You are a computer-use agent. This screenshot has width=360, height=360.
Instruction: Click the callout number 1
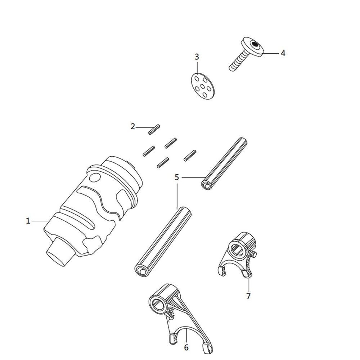click(x=28, y=221)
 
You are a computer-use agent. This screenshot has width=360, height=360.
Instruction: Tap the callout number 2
click(x=133, y=126)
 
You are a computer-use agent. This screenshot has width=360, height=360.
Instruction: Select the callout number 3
click(x=197, y=57)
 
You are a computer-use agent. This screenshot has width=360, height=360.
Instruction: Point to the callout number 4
click(x=283, y=53)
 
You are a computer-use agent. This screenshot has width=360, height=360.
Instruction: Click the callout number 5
click(x=177, y=177)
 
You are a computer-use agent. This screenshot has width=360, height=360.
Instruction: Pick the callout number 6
click(x=186, y=347)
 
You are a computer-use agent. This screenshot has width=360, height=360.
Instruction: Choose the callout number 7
click(x=248, y=296)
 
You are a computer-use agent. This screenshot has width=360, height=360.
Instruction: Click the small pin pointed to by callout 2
click(x=154, y=130)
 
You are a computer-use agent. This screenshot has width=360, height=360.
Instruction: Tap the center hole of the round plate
click(x=203, y=86)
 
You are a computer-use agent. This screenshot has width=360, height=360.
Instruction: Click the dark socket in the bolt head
click(x=255, y=44)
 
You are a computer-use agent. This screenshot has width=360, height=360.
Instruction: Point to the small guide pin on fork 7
click(x=253, y=254)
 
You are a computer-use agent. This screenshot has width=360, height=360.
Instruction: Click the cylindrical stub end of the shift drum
click(x=59, y=253)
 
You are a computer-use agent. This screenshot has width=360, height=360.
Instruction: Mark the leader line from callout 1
click(x=40, y=221)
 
